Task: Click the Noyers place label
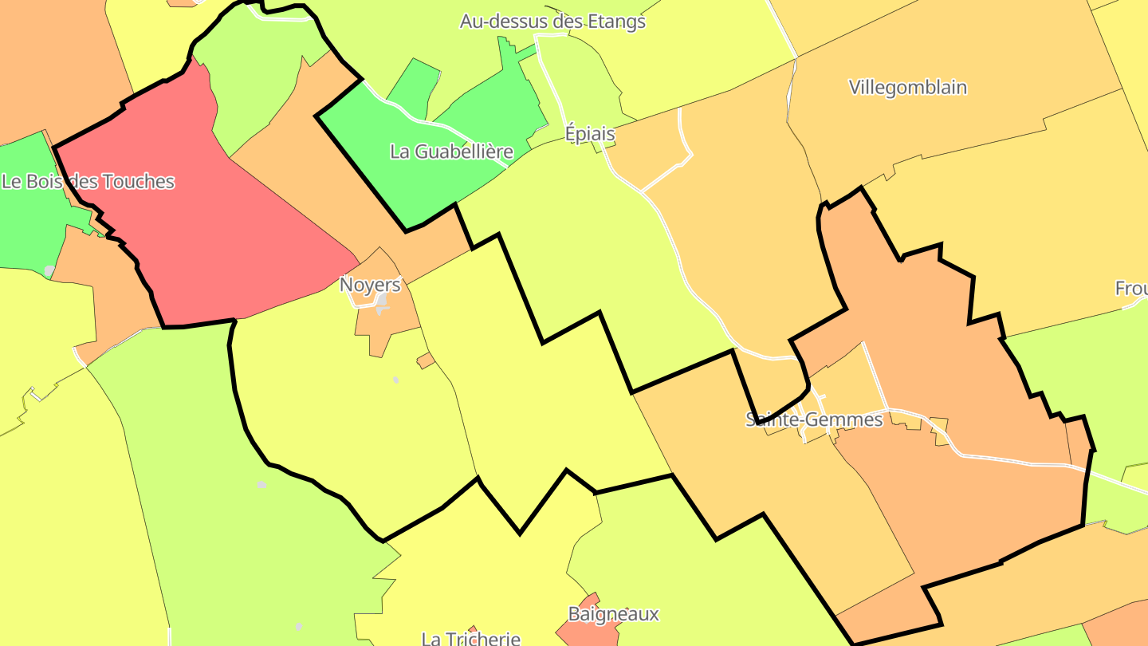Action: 370,285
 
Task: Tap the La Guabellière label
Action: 451,151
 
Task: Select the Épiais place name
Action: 590,133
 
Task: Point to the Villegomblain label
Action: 908,87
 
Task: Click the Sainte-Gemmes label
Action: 814,419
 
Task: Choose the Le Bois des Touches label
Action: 88,181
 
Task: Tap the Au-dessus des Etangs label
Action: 552,22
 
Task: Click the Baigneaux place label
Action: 614,613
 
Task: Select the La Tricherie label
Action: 470,638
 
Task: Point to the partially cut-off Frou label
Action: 1131,289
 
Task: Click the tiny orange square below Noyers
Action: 427,360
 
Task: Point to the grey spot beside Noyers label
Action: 383,300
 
